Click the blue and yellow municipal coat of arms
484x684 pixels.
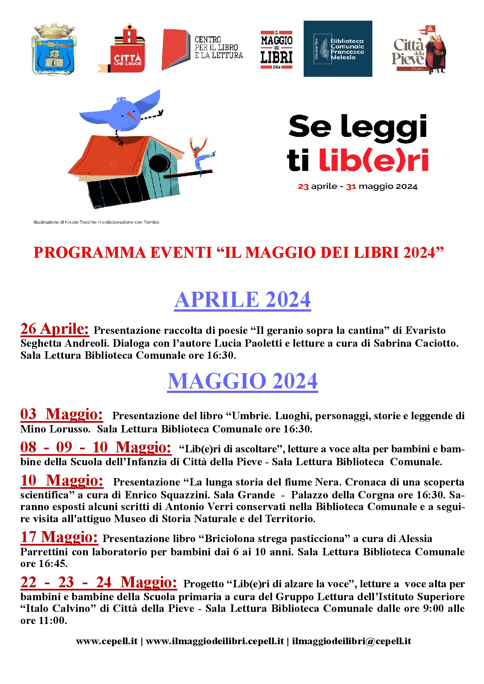pos(54,50)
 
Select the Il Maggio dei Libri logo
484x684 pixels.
pos(276,50)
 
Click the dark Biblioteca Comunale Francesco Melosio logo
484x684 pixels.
pos(338,49)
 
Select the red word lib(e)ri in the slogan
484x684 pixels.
pos(374,160)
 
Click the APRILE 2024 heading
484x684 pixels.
pos(242,299)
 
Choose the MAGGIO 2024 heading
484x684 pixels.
pos(242,381)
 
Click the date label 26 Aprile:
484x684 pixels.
pos(55,329)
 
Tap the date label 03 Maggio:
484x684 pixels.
pos(62,415)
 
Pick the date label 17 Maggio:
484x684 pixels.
pos(59,537)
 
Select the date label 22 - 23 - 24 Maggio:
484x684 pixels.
pos(98,583)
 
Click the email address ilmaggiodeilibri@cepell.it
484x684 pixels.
pos(351,641)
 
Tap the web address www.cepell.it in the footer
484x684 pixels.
pos(107,641)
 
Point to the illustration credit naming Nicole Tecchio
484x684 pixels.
pos(96,222)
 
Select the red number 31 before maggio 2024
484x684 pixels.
pos(351,187)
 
